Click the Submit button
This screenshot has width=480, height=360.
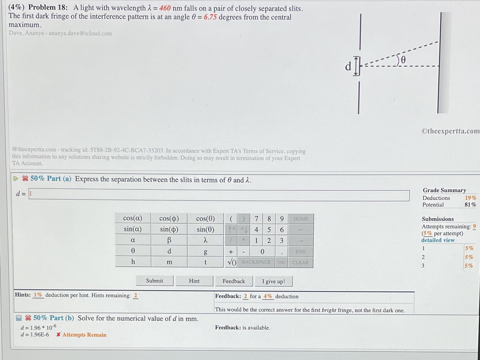pyautogui.click(x=155, y=281)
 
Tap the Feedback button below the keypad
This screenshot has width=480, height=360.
pyautogui.click(x=234, y=281)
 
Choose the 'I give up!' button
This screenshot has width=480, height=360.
pyautogui.click(x=273, y=282)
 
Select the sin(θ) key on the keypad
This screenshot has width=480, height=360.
pyautogui.click(x=205, y=229)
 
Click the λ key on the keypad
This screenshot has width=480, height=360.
pyautogui.click(x=205, y=240)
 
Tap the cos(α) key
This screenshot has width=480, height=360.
pyautogui.click(x=133, y=218)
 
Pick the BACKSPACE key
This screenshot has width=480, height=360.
pyautogui.click(x=256, y=262)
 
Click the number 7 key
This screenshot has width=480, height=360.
pyautogui.click(x=256, y=219)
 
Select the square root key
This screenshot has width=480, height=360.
pyautogui.click(x=231, y=262)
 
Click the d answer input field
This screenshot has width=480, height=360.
pyautogui.click(x=219, y=195)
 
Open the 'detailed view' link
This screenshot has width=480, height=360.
pyautogui.click(x=438, y=240)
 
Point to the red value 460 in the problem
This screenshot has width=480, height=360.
pyautogui.click(x=165, y=8)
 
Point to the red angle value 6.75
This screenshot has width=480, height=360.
pyautogui.click(x=210, y=17)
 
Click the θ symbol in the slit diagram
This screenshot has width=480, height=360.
pyautogui.click(x=403, y=60)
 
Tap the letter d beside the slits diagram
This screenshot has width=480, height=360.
pyautogui.click(x=348, y=66)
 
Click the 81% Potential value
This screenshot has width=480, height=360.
pyautogui.click(x=470, y=205)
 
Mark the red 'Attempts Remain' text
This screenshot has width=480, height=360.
pyautogui.click(x=84, y=335)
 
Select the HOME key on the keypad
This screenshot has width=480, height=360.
pyautogui.click(x=301, y=219)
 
